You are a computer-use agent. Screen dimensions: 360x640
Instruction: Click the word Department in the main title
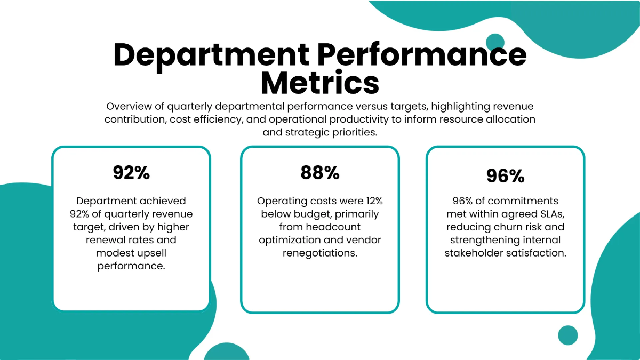click(211, 54)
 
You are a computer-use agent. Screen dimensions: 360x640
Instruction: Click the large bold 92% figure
click(131, 172)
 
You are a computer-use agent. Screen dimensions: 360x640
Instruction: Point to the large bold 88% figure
click(320, 172)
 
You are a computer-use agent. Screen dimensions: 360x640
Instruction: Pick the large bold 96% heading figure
click(505, 176)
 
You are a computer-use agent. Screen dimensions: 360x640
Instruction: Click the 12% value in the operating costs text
click(372, 201)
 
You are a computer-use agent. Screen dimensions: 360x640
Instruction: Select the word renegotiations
click(320, 253)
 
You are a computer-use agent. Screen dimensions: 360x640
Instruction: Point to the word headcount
click(335, 227)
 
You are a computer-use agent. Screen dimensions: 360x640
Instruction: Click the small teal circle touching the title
click(495, 42)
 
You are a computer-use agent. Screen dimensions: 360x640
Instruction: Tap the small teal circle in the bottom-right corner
click(568, 335)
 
